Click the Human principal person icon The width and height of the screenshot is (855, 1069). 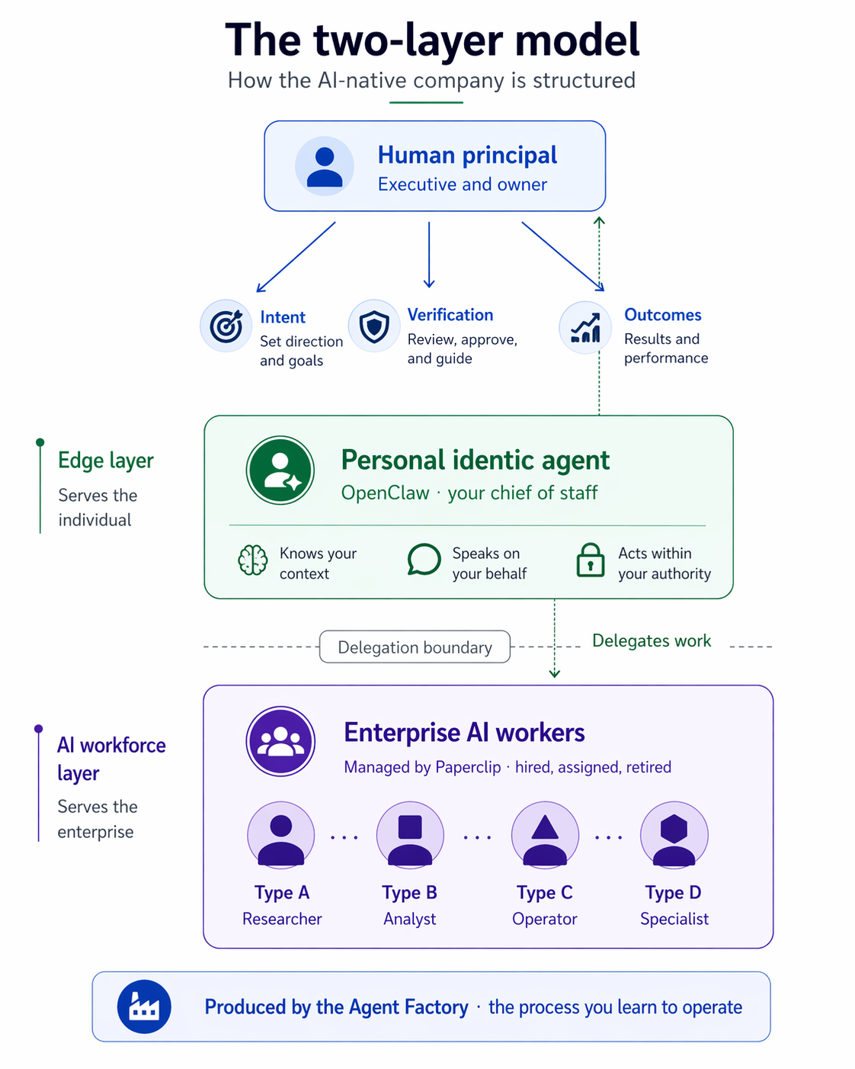[x=324, y=166]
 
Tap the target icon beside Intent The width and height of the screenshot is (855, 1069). [x=226, y=326]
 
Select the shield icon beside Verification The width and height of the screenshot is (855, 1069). [x=374, y=326]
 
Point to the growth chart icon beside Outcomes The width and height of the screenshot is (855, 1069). [x=585, y=327]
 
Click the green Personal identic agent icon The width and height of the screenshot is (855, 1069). [x=280, y=470]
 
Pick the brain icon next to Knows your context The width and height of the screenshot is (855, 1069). [x=253, y=560]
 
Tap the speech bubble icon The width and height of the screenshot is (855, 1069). [x=424, y=560]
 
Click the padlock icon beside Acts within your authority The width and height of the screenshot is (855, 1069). [x=591, y=560]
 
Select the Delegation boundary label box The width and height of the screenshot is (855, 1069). [x=415, y=647]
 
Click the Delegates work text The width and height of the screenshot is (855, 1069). [x=652, y=640]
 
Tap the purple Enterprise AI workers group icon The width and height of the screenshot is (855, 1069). [x=280, y=741]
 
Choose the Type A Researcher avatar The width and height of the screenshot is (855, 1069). [x=281, y=835]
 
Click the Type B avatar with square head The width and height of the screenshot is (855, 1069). [x=410, y=835]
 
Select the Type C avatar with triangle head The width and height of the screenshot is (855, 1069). [x=545, y=835]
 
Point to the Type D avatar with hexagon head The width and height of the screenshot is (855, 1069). [x=674, y=835]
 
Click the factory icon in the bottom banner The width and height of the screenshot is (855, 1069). [x=144, y=1006]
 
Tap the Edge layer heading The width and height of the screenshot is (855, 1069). [x=106, y=461]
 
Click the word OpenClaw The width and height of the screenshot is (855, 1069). [x=386, y=493]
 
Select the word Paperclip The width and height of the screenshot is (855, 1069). [x=468, y=767]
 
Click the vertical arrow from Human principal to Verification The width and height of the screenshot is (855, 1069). [x=429, y=255]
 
